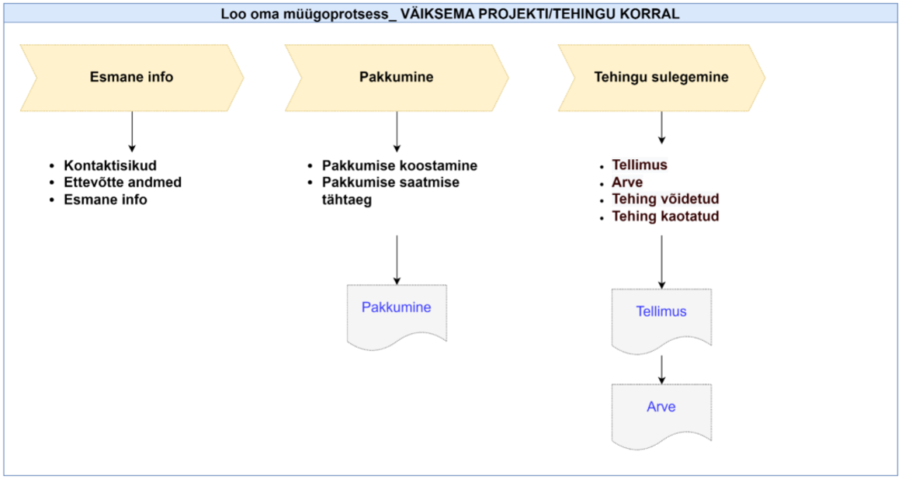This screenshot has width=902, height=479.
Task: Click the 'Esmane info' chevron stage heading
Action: [132, 77]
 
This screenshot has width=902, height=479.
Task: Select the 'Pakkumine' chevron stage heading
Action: [397, 77]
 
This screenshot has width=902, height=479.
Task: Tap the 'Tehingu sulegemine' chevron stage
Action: [661, 77]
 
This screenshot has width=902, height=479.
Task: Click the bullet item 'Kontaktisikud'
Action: [110, 165]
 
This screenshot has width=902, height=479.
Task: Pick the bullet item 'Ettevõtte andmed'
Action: [123, 182]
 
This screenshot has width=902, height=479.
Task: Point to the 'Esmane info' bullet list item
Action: [106, 200]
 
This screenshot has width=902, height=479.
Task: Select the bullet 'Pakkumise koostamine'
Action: [400, 165]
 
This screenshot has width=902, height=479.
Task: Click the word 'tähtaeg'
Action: [347, 200]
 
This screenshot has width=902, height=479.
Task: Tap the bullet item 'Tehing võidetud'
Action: [665, 199]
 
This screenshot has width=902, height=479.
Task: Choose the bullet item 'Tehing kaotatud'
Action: [665, 217]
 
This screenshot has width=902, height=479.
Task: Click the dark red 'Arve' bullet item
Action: [627, 182]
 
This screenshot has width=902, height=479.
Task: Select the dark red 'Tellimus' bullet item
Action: [640, 165]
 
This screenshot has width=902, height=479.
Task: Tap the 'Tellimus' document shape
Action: [661, 318]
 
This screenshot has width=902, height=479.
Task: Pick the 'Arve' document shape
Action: [661, 413]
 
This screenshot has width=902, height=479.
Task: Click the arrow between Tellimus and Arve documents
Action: [661, 370]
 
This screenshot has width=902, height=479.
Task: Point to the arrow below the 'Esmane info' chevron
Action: [132, 132]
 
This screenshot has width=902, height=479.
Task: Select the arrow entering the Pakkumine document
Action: [397, 260]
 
